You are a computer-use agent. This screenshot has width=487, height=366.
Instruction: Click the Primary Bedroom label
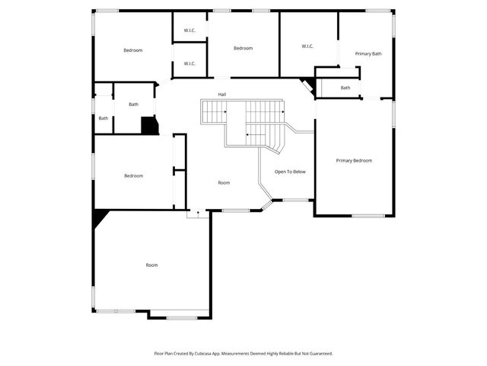(x=355, y=160)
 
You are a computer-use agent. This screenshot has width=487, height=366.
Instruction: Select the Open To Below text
(x=290, y=172)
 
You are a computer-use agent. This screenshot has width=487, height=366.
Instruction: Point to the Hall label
(x=222, y=95)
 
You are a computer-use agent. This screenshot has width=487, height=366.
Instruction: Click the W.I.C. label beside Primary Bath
(x=307, y=47)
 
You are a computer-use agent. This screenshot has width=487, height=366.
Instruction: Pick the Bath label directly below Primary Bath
(x=345, y=88)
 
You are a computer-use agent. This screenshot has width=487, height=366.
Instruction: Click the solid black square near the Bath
(x=149, y=126)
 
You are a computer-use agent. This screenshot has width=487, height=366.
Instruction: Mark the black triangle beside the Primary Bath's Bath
(x=308, y=85)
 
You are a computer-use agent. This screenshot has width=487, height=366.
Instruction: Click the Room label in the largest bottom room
(x=152, y=265)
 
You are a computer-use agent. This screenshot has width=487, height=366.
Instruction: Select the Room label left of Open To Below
(x=224, y=182)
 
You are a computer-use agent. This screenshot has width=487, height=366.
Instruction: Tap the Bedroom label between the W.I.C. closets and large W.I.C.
(x=243, y=48)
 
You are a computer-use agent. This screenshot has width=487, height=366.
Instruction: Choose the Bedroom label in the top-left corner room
(x=133, y=50)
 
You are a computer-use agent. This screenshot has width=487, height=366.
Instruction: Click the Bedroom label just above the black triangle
(x=133, y=175)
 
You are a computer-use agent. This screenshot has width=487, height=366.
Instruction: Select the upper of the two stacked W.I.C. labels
(x=189, y=30)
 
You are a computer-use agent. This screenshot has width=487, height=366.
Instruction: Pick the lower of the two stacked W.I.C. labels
(x=189, y=63)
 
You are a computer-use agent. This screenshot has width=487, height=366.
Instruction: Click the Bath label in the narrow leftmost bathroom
(x=103, y=118)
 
